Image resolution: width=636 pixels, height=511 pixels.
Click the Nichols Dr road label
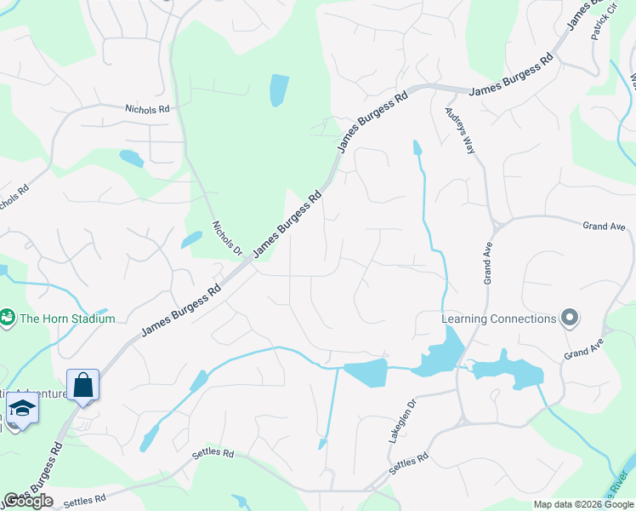point(227,240)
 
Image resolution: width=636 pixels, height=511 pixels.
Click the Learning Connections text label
point(498,319)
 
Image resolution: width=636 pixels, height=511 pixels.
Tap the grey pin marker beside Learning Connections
point(570,319)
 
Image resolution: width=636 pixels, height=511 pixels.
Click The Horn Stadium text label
point(66,319)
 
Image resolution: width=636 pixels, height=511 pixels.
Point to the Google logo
point(27,501)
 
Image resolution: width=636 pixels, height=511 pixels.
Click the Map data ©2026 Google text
point(583,504)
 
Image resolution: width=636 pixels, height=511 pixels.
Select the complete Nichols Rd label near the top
point(147,109)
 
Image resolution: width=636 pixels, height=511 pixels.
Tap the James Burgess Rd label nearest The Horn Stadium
point(180,309)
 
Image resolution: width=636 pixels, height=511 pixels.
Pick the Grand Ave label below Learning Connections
point(582,347)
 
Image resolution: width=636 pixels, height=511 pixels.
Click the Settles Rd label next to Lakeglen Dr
point(408,465)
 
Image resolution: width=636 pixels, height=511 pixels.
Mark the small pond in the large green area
point(279,90)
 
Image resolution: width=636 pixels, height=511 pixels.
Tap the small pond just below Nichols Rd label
point(131,158)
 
